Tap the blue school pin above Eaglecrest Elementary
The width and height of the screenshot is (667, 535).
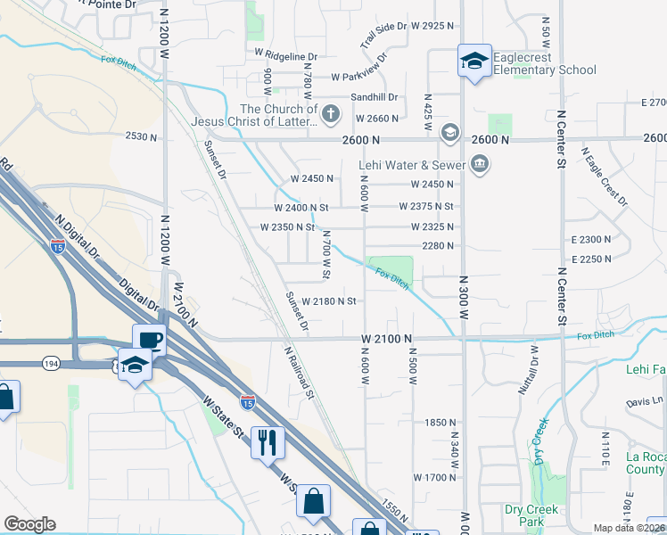tap(474, 61)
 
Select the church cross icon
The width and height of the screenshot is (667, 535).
tap(331, 113)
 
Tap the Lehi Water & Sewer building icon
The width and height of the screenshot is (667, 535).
tap(480, 163)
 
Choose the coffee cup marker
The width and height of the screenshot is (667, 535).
tap(149, 340)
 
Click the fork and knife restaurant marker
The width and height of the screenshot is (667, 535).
tap(268, 440)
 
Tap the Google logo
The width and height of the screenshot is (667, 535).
tap(29, 524)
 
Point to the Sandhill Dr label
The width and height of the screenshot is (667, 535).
tap(375, 97)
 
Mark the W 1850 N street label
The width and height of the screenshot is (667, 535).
tap(441, 422)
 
